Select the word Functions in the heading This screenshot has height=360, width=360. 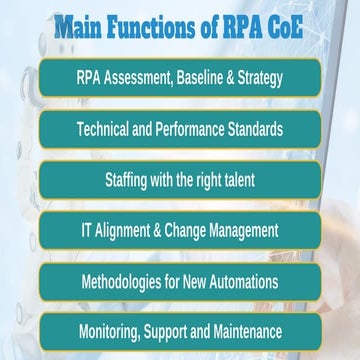coord(155,25)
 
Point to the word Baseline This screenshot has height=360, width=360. coord(215,77)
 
